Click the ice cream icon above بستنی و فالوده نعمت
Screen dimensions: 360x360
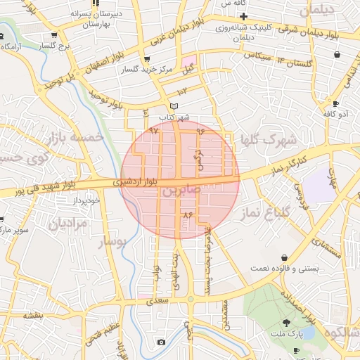pyautogui.click(x=283, y=257)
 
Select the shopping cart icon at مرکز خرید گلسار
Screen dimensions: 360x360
pyautogui.click(x=146, y=59)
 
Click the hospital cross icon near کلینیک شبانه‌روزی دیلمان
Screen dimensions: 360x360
pyautogui.click(x=243, y=15)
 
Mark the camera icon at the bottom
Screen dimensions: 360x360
pyautogui.click(x=161, y=342)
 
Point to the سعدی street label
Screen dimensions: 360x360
pyautogui.click(x=159, y=301)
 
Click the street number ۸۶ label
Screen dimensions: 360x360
pyautogui.click(x=186, y=214)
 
